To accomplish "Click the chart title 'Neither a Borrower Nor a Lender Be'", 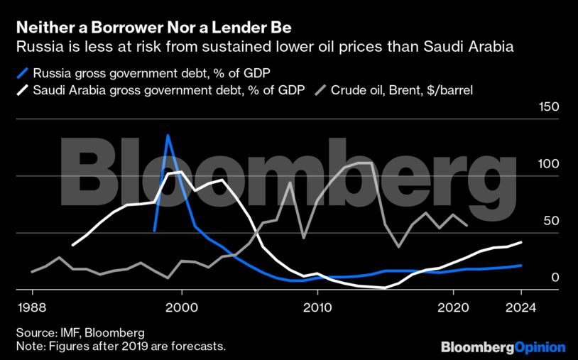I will tap(153, 28).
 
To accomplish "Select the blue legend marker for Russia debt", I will tap(24, 72).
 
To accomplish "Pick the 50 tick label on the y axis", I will tap(552, 221).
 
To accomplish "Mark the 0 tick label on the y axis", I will tap(555, 278).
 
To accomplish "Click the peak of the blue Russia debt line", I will tap(168, 135).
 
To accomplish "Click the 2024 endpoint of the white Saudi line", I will tap(520, 242).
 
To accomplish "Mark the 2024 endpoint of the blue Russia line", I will tap(520, 265).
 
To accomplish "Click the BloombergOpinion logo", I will tap(503, 347).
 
